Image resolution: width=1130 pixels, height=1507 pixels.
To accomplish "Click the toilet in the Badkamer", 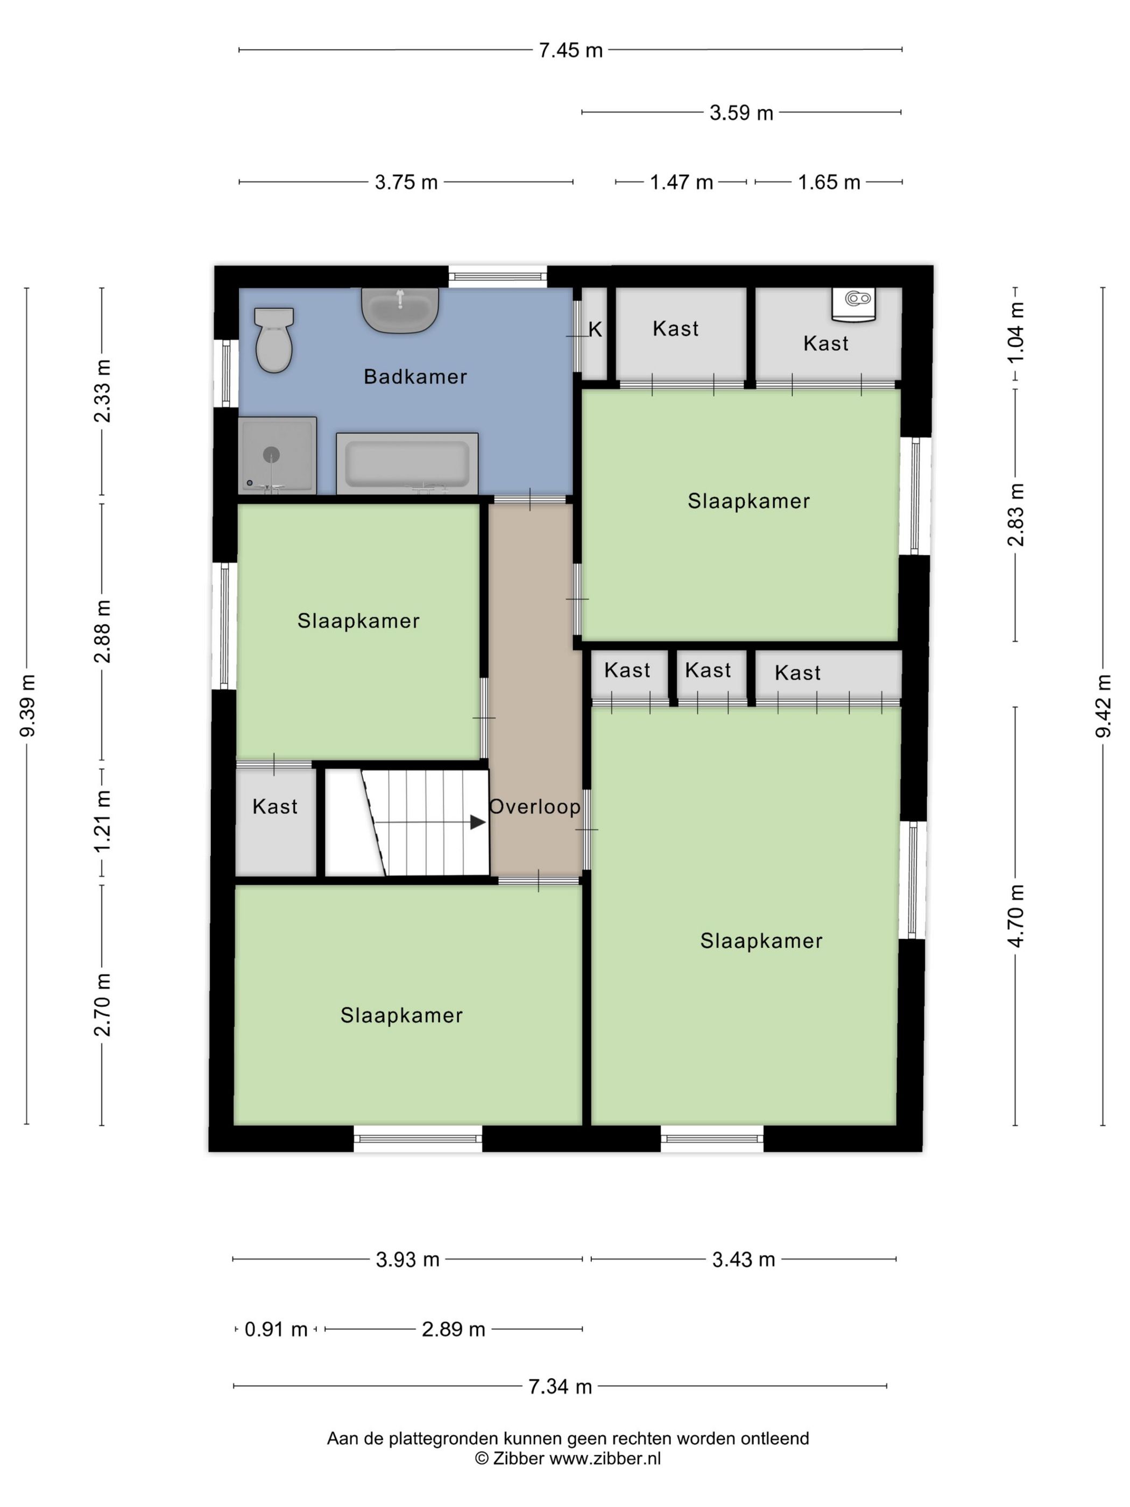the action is click(274, 340).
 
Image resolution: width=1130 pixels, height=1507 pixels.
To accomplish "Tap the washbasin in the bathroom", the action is click(400, 310).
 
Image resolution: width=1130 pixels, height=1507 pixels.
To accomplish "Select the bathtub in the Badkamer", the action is click(407, 463).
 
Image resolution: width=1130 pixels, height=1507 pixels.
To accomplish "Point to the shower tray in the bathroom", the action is click(277, 455).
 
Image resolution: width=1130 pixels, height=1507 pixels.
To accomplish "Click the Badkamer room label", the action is click(415, 377).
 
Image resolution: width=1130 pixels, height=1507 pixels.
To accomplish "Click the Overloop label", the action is click(535, 807).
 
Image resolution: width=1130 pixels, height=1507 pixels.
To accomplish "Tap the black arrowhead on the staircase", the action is click(478, 822).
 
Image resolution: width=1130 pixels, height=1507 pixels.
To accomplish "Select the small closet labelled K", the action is click(595, 333).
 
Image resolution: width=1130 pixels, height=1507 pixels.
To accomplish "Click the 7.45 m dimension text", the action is click(571, 51).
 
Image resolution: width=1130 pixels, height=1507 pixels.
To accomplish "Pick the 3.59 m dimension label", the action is click(741, 112).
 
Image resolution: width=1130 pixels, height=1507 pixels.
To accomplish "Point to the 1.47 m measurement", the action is click(681, 182).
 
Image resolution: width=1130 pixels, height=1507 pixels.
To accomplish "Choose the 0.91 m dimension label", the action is click(276, 1329).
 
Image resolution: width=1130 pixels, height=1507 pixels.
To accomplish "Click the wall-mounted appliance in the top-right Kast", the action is click(854, 304).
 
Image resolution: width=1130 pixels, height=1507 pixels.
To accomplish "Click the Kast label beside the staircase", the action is click(275, 807).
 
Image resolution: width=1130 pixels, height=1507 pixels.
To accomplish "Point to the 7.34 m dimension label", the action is click(560, 1386).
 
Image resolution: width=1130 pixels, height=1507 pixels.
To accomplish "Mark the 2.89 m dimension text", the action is click(454, 1329).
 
